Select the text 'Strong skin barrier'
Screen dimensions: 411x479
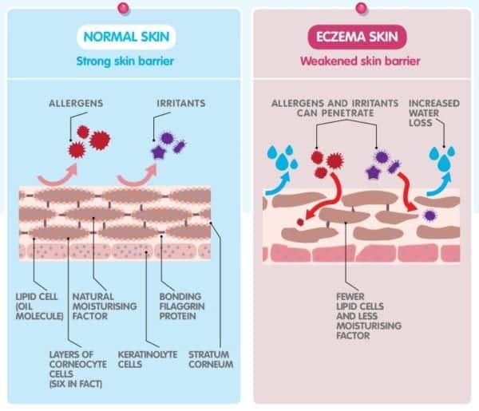click(x=123, y=60)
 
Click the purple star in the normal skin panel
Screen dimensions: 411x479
click(x=159, y=152)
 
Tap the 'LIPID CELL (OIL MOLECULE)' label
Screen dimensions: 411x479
click(x=39, y=306)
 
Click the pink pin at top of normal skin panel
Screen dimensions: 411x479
click(x=123, y=7)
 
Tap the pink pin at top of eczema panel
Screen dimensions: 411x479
click(x=361, y=7)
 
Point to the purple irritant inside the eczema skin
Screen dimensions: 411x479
click(x=430, y=215)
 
